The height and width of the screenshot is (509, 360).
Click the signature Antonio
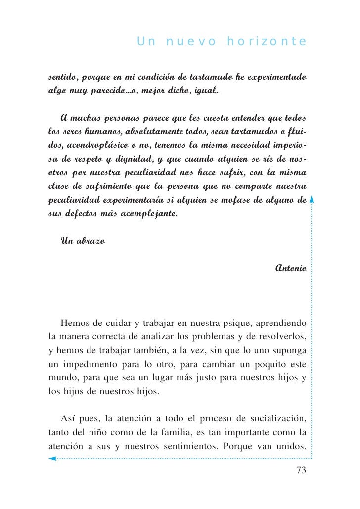(291, 268)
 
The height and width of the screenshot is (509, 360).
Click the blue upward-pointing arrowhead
(312, 200)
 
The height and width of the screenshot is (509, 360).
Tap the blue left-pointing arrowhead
(52, 459)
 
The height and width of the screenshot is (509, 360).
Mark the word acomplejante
(148, 214)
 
